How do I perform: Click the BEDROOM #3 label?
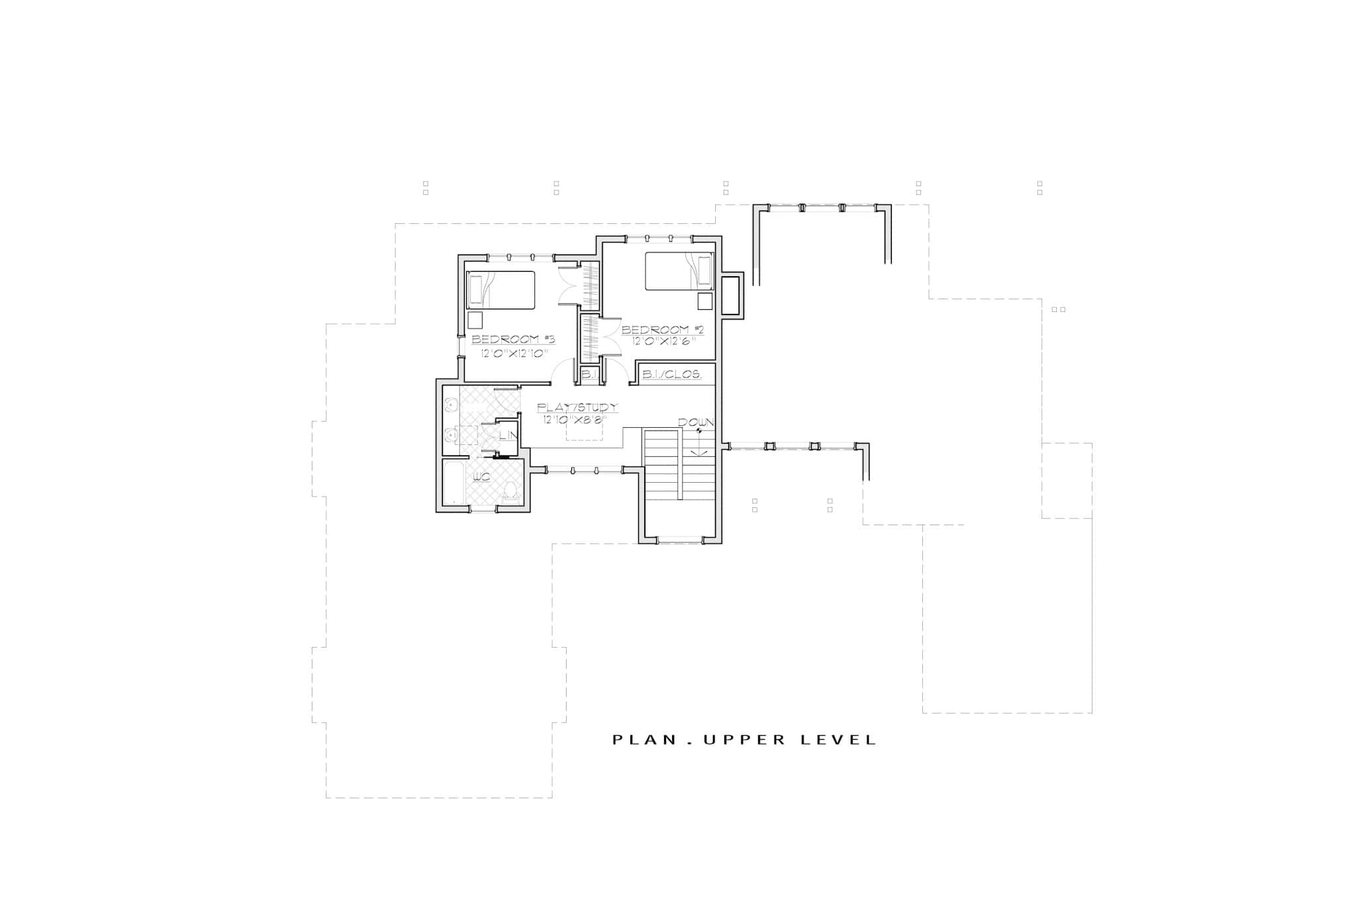click(513, 340)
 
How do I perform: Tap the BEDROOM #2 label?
click(662, 330)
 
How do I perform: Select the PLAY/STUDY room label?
click(577, 407)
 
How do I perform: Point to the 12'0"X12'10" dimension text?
click(514, 353)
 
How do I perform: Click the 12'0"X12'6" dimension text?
click(663, 342)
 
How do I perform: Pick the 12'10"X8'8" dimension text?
click(574, 419)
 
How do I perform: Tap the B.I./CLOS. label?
click(672, 375)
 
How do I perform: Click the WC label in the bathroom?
click(481, 476)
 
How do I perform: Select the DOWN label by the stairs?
click(695, 423)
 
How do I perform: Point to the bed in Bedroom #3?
click(501, 290)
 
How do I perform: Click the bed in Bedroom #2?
click(679, 272)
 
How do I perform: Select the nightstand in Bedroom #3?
click(475, 321)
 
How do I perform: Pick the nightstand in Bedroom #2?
click(704, 301)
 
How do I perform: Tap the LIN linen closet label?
click(507, 436)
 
